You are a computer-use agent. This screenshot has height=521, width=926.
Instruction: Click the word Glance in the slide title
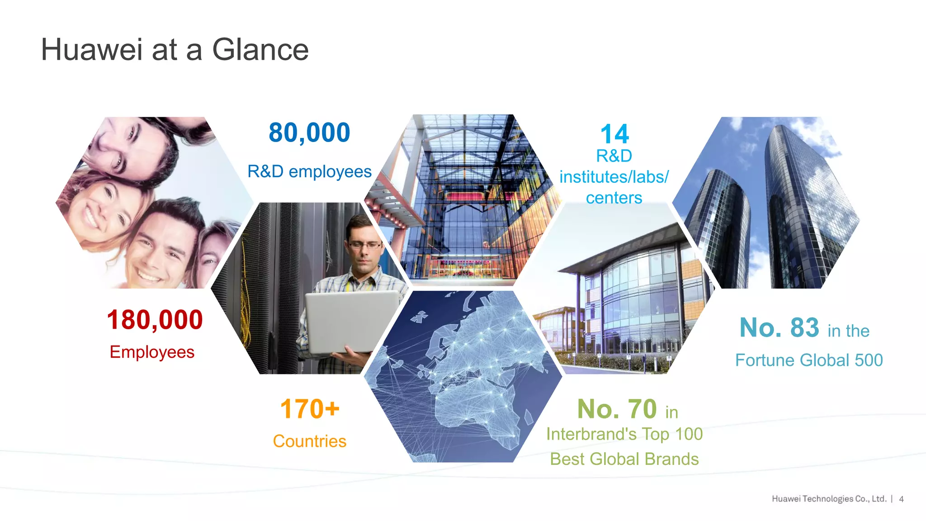pos(260,50)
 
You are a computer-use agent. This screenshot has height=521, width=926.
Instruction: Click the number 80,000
pos(309,133)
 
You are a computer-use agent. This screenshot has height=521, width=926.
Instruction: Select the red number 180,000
pos(155,320)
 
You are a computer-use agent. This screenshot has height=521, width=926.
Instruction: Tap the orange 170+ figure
pos(310,409)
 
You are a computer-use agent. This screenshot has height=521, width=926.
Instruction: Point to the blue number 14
pos(614,134)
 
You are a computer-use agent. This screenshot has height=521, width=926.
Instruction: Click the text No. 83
pos(779,327)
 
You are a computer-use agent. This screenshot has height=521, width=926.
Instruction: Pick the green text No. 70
pos(617,409)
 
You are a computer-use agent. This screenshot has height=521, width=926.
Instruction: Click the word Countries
pos(310,441)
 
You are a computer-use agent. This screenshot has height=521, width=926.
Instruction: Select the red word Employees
pos(152,352)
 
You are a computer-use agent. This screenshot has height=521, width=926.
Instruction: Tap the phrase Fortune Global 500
pos(809,360)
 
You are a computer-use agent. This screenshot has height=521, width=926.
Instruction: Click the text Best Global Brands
pos(624,459)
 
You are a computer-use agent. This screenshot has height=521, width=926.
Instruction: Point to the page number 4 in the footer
pos(901,499)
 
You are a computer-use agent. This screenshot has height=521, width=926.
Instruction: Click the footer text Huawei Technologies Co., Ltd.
pos(829,499)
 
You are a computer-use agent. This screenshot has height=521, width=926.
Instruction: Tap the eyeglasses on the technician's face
pos(365,245)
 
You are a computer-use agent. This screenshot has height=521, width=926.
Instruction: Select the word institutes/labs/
pos(614,177)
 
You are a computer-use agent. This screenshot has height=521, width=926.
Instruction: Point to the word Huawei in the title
pos(92,50)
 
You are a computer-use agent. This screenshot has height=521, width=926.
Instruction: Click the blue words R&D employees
pos(309,172)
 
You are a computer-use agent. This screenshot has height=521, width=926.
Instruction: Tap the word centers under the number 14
pos(614,198)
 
